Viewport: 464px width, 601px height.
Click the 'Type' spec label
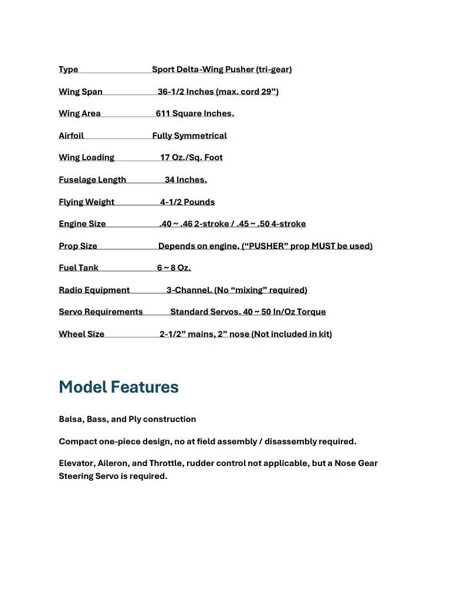68,69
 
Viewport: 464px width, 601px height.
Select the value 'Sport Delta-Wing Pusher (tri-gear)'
222,69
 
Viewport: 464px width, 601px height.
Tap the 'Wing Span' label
80,92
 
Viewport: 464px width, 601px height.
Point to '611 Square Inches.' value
195,113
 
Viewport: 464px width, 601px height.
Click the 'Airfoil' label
71,136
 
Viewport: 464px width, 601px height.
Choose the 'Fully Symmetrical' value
189,136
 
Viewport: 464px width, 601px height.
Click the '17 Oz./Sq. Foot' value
191,157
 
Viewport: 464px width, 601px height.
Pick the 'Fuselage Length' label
92,180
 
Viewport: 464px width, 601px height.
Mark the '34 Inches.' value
185,180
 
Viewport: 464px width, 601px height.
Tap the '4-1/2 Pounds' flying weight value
187,202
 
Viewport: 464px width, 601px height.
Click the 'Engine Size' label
82,224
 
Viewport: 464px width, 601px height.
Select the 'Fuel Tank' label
79,268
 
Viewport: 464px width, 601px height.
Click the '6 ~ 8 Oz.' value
174,268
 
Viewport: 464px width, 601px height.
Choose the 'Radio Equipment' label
94,290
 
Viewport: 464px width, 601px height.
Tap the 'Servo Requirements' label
100,312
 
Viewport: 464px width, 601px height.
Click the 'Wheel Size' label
82,334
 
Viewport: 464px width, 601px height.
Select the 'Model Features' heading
118,387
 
